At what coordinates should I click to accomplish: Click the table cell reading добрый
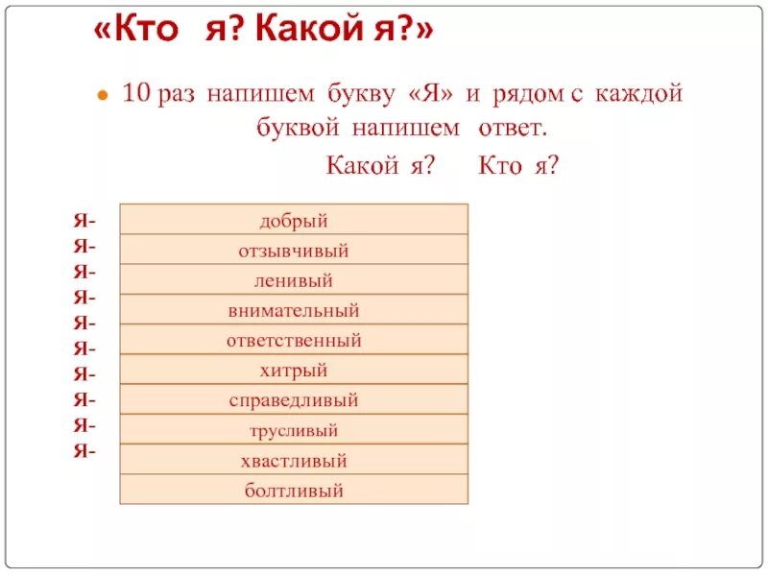[x=294, y=221]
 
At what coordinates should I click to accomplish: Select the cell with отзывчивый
[x=294, y=251]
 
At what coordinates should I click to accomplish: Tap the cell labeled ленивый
[x=294, y=281]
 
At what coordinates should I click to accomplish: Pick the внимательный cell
[x=294, y=311]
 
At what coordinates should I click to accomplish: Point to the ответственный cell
[x=294, y=341]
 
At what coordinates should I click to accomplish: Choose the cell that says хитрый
[x=294, y=371]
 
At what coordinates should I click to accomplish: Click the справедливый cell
[x=294, y=400]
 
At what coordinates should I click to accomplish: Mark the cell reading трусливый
[x=294, y=431]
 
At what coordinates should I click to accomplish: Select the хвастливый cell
[x=294, y=461]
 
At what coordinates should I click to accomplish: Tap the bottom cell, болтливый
[x=294, y=491]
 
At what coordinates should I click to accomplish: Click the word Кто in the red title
[x=153, y=33]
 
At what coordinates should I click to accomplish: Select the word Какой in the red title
[x=305, y=33]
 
